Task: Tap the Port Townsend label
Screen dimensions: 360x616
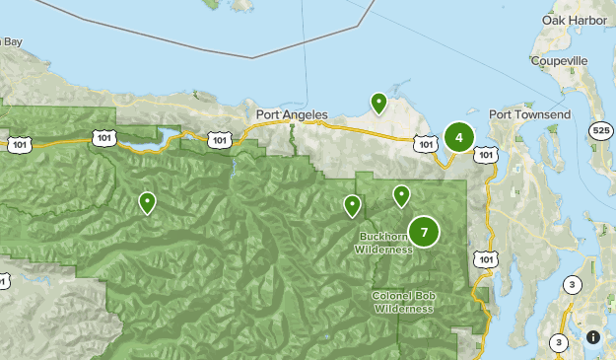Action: point(529,114)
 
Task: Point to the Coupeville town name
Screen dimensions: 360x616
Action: point(560,59)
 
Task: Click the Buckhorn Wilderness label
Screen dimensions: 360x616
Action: point(384,244)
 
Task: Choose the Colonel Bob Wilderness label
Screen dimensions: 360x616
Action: point(403,302)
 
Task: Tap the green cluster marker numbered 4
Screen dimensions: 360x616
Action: point(458,137)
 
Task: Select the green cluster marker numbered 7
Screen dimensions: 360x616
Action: point(424,232)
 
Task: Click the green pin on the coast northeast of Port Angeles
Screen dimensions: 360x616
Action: point(378,103)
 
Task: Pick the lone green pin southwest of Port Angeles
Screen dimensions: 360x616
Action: point(147,203)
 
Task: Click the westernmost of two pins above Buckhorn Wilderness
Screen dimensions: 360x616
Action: point(352,205)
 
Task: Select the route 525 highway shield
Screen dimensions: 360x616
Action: point(600,129)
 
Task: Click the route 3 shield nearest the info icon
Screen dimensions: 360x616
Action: point(559,342)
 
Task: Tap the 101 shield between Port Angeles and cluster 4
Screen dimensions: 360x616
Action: point(425,145)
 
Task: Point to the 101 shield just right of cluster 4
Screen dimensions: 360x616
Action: point(485,154)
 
